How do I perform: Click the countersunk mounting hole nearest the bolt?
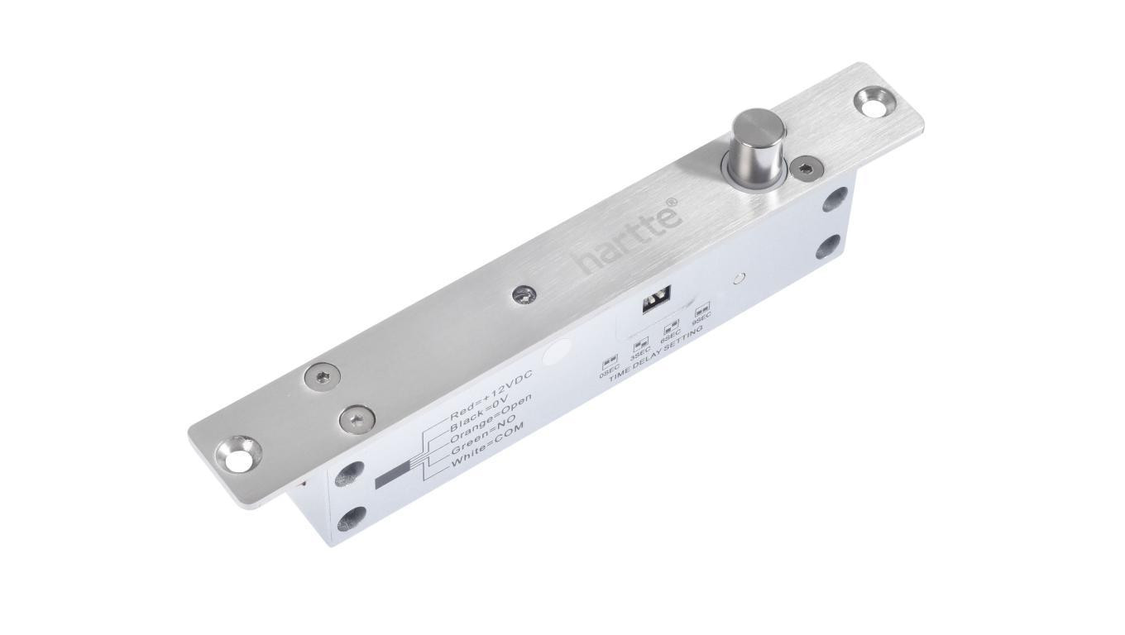[874, 103]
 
